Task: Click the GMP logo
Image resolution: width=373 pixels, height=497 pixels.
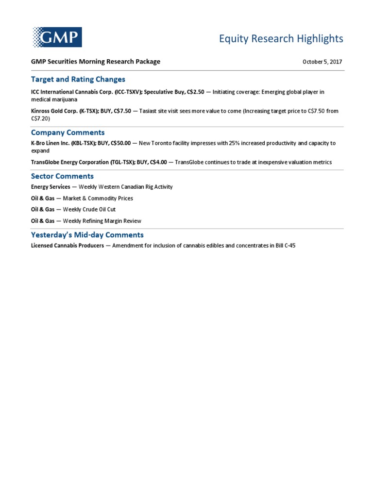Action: click(x=57, y=37)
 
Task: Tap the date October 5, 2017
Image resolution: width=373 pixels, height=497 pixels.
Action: click(x=322, y=62)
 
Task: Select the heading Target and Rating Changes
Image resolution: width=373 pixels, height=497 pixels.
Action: click(x=78, y=79)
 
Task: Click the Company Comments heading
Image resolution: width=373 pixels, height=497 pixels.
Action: click(x=68, y=133)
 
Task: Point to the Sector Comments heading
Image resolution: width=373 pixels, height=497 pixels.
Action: click(x=62, y=176)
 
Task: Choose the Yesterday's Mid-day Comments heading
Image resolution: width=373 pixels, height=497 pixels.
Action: click(x=87, y=235)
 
